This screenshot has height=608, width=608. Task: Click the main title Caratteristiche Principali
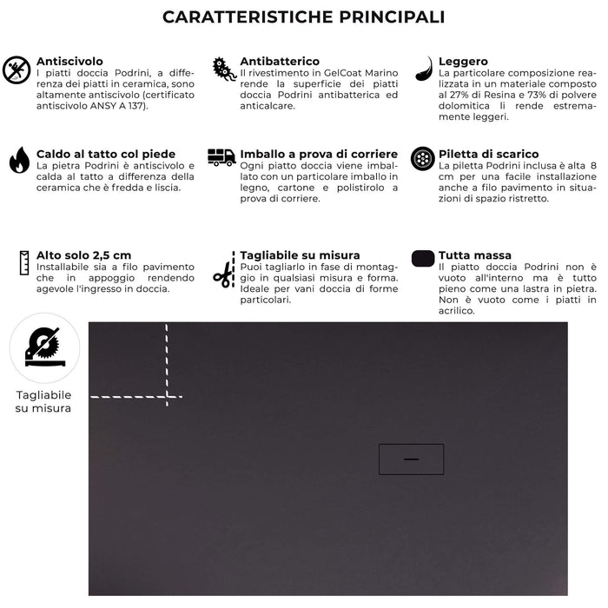click(304, 17)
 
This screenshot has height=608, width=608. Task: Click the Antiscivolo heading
click(69, 62)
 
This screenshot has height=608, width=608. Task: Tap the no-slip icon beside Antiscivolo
click(17, 69)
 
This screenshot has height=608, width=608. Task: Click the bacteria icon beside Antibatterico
click(223, 69)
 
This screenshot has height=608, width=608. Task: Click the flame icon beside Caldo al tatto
click(18, 160)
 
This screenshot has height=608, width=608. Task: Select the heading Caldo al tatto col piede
click(105, 154)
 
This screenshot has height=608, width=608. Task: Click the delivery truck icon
click(221, 157)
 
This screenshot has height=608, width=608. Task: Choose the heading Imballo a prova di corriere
click(319, 154)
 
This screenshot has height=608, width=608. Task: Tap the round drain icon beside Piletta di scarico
click(423, 159)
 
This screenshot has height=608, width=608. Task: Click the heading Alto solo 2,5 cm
click(84, 255)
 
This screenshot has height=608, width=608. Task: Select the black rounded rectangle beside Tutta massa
click(423, 258)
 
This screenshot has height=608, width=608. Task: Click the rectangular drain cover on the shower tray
click(411, 459)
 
